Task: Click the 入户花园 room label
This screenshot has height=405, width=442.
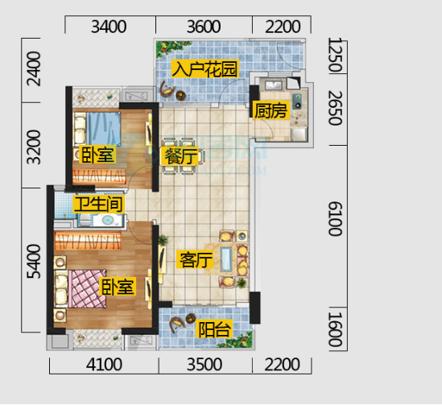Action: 205,68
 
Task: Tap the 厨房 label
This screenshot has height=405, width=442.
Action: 271,110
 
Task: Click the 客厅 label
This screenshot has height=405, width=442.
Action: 196,259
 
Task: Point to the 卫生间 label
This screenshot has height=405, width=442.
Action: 99,204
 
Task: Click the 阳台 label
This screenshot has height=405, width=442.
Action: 214,329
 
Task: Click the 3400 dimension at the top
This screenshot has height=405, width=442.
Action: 109,27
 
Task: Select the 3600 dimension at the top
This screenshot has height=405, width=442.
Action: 204,27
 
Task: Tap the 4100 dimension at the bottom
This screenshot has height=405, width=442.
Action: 104,365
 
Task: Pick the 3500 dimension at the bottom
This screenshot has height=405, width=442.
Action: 204,365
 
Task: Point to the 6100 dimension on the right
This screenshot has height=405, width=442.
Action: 336,219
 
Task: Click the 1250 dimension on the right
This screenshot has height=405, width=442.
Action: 336,55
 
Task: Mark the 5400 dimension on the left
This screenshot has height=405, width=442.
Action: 34,261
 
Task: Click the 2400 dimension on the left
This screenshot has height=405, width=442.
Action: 34,68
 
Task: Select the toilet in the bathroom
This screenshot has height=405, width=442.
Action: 85,220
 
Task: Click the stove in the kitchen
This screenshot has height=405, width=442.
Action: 297,101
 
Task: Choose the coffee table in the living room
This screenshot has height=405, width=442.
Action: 225,259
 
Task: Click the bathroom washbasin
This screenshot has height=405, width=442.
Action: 108,220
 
